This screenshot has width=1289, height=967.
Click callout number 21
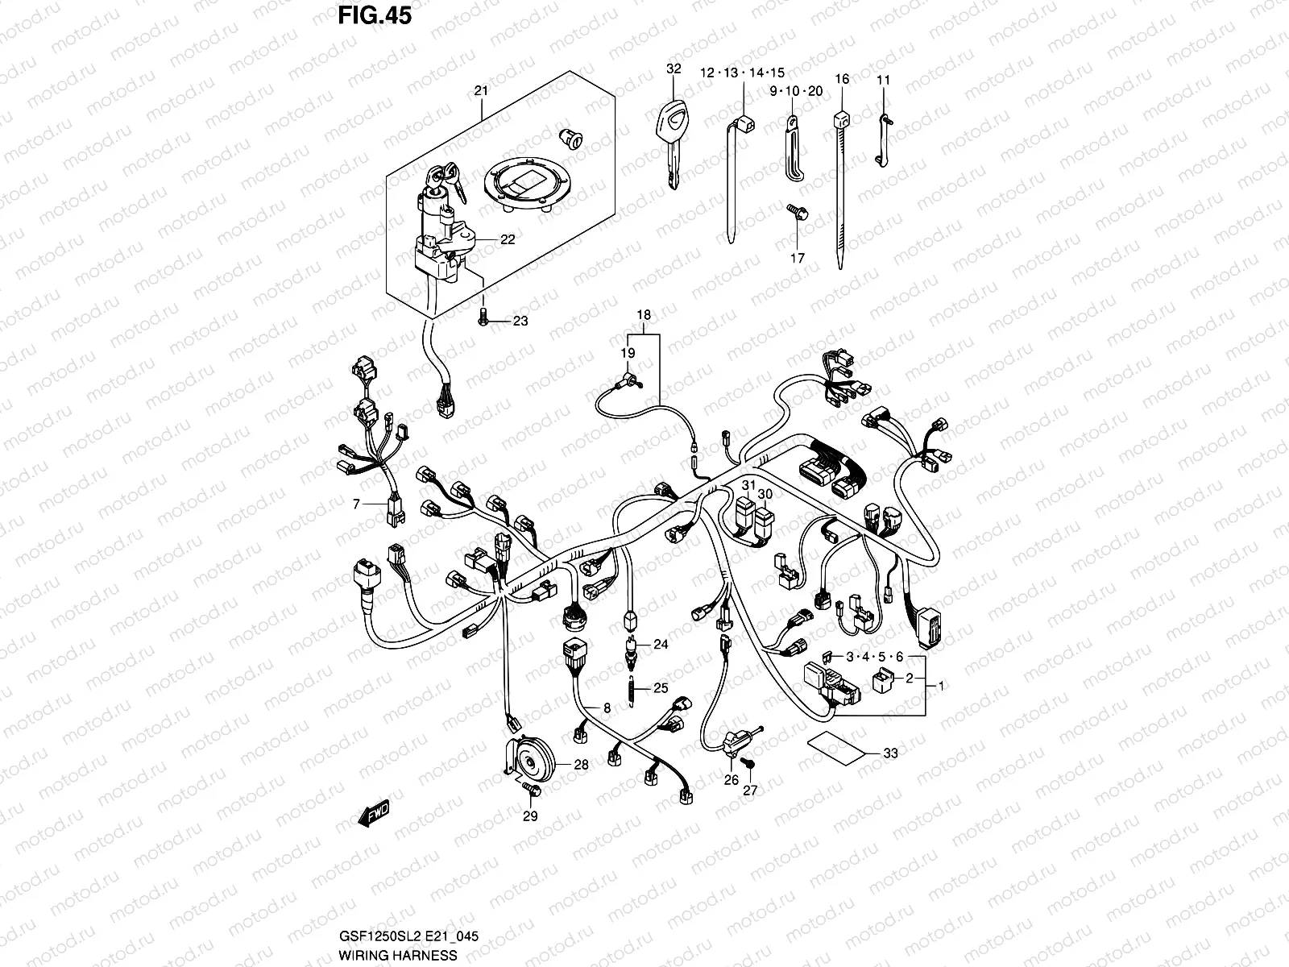click(481, 91)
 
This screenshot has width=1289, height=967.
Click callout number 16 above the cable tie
click(841, 79)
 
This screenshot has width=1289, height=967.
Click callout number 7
click(354, 504)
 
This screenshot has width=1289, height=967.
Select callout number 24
click(660, 644)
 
